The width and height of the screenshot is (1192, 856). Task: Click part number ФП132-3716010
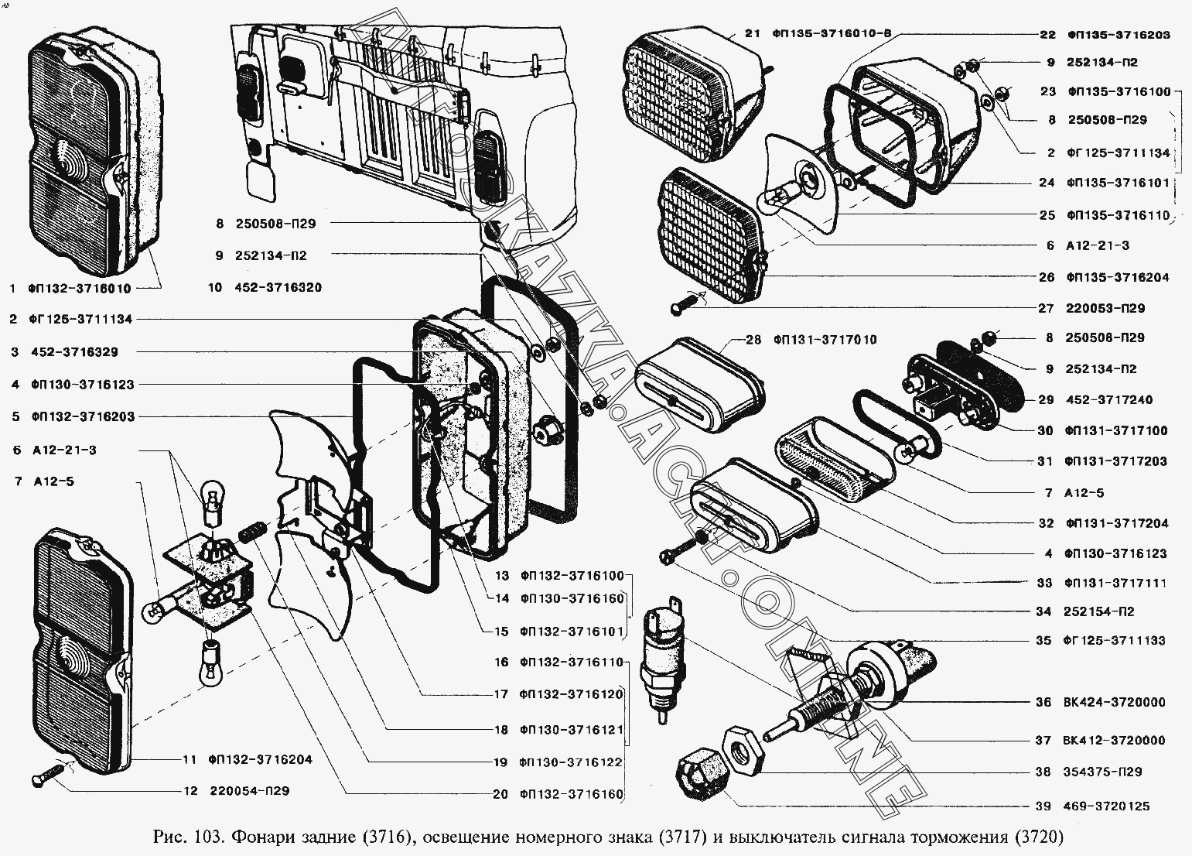pos(80,289)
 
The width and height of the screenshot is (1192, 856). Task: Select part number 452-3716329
pos(74,352)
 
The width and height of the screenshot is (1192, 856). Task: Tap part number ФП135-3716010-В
pos(832,33)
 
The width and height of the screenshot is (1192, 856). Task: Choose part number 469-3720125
pos(1107,806)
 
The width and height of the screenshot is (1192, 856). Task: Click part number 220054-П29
pos(250,791)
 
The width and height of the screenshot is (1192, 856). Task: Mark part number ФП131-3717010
pos(825,340)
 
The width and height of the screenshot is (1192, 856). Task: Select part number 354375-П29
pos(1102,772)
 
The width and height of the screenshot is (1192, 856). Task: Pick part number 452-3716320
pos(278,288)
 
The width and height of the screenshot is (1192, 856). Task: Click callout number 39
pos(1043,806)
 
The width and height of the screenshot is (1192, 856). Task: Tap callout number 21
pos(753,33)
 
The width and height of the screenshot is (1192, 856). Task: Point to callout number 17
pos(501,695)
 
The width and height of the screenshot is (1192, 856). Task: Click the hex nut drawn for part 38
pos(743,748)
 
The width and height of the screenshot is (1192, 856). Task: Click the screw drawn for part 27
pos(685,304)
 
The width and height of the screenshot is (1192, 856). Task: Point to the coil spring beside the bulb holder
pos(251,532)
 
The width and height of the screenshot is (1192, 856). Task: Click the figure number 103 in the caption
pos(210,837)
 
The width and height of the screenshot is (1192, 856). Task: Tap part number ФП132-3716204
pos(261,760)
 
